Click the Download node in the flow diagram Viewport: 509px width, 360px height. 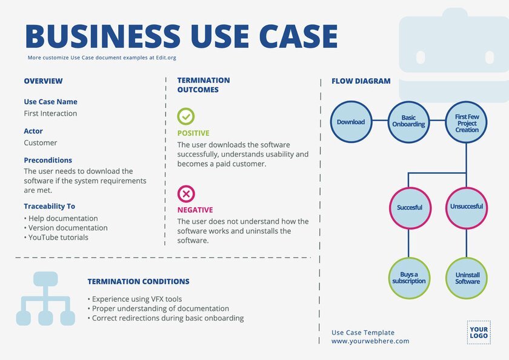pyautogui.click(x=351, y=122)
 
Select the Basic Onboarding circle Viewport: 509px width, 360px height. pyautogui.click(x=408, y=122)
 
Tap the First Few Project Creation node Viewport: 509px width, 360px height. pyautogui.click(x=467, y=122)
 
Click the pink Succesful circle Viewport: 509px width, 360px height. pyautogui.click(x=410, y=207)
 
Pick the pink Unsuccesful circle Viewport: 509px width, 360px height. pyautogui.click(x=467, y=207)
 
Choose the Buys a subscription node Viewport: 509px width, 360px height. pyautogui.click(x=410, y=278)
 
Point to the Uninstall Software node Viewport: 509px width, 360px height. pyautogui.click(x=467, y=278)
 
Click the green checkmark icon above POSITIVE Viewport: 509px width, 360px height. pyautogui.click(x=186, y=116)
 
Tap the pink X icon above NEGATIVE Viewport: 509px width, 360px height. pyautogui.click(x=186, y=194)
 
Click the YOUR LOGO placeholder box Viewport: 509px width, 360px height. pyautogui.click(x=478, y=332)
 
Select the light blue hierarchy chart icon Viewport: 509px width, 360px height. pyautogui.click(x=45, y=298)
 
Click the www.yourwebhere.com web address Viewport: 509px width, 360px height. pyautogui.click(x=370, y=341)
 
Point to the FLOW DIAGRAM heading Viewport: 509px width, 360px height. pyautogui.click(x=361, y=81)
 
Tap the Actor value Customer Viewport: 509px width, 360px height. pyautogui.click(x=41, y=143)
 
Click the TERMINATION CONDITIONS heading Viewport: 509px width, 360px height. pyautogui.click(x=138, y=282)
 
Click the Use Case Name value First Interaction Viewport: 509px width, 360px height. pyautogui.click(x=50, y=113)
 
